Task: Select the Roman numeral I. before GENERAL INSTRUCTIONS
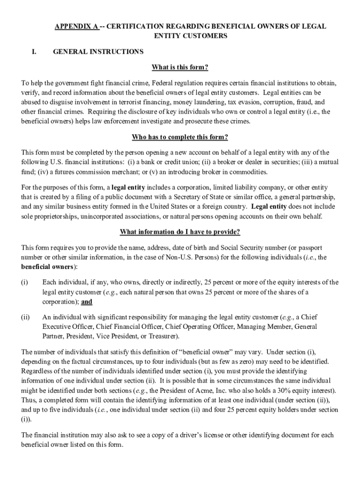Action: [35, 51]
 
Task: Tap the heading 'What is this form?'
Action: [180, 67]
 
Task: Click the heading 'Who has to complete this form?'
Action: [180, 137]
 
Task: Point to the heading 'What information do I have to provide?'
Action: [180, 232]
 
